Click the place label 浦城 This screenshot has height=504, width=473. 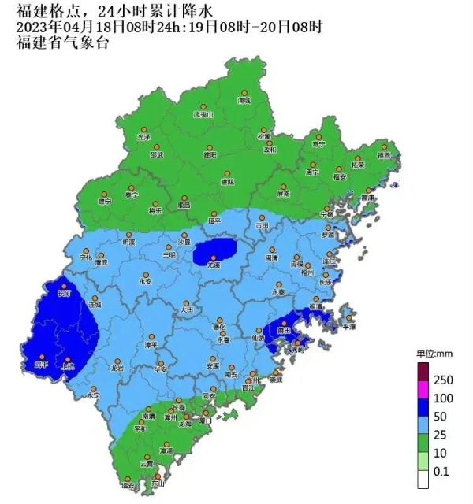(x=244, y=101)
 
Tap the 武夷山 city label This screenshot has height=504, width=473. (x=203, y=115)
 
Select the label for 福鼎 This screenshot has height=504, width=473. (x=384, y=156)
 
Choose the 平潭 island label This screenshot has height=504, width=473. (x=348, y=325)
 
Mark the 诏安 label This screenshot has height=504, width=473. (x=128, y=486)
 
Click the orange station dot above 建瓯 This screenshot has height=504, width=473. (x=228, y=174)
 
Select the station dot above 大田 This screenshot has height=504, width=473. (x=187, y=303)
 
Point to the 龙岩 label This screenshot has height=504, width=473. (x=117, y=368)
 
